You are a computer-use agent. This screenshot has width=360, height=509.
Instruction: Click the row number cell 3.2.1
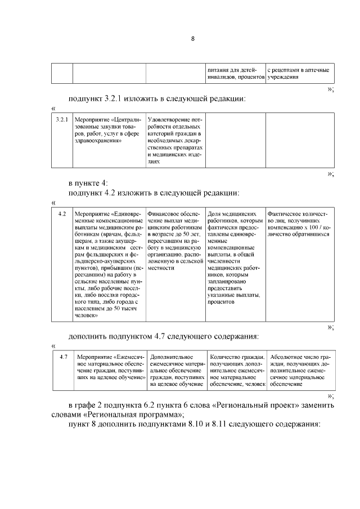point(62,120)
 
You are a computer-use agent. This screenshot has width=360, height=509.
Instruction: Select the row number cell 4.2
point(62,214)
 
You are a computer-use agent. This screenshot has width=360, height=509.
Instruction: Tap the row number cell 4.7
point(64,357)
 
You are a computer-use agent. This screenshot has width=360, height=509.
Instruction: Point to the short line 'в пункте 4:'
point(92,183)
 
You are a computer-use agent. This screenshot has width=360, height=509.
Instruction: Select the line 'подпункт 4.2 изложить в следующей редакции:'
point(154,193)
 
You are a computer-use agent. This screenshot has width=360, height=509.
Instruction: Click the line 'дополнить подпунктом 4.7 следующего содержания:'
point(163,336)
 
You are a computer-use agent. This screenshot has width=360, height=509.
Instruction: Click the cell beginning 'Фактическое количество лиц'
point(299,224)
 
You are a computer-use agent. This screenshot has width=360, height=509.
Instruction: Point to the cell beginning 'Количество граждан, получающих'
point(236,371)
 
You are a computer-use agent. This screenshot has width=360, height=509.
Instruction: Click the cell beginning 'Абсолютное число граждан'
point(299,371)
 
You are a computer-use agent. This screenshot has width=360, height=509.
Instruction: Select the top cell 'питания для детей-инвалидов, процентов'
point(235,73)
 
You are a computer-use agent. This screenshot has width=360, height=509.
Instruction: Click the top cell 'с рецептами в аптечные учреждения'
point(298,73)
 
